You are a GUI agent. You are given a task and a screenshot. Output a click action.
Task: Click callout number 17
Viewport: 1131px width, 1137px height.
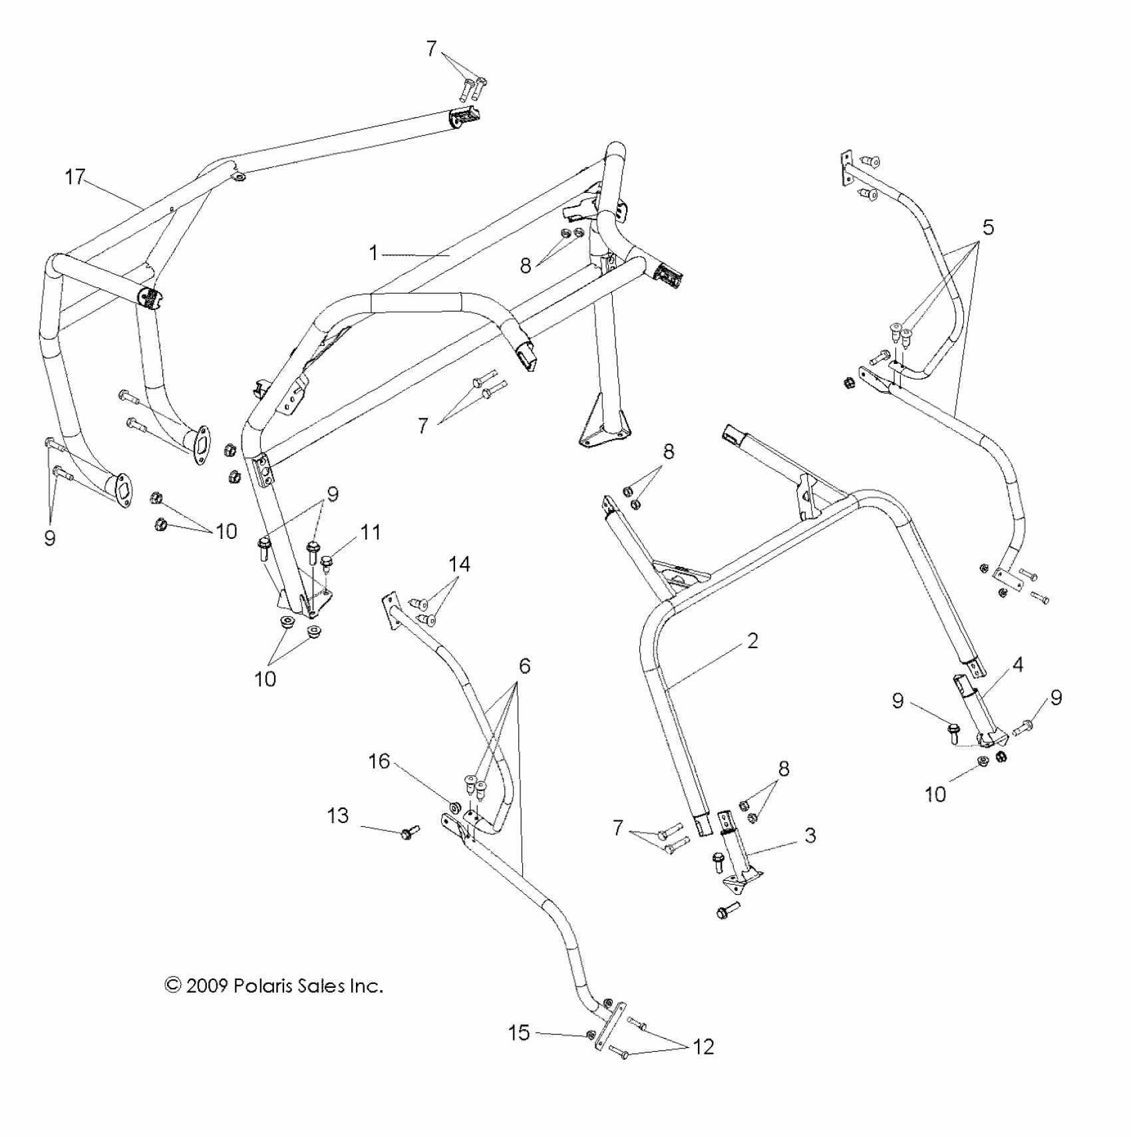point(76,178)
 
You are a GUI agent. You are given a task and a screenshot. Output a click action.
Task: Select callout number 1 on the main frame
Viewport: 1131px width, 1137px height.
point(373,253)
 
